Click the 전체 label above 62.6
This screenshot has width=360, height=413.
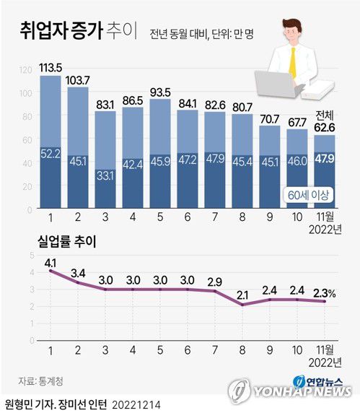click(x=325, y=114)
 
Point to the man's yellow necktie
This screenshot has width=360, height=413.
click(x=293, y=62)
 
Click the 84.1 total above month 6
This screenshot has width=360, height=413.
click(x=188, y=103)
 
